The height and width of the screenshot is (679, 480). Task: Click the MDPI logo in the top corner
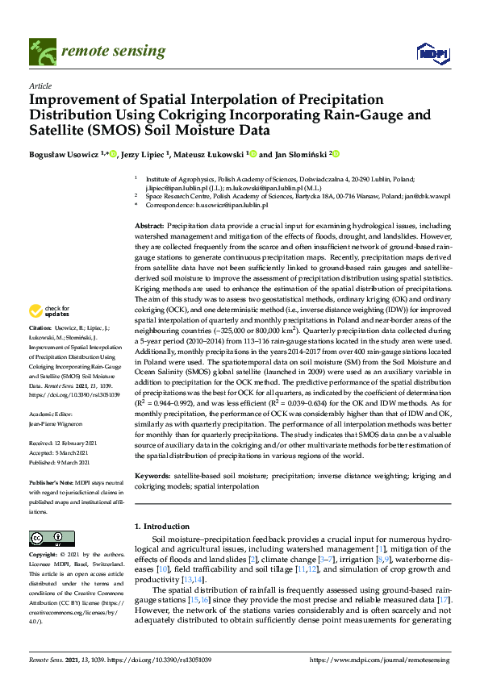(x=433, y=52)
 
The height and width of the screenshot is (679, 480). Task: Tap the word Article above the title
(x=40, y=85)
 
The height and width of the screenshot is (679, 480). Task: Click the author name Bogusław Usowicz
(x=61, y=154)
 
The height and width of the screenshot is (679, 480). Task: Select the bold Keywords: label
(x=152, y=476)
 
